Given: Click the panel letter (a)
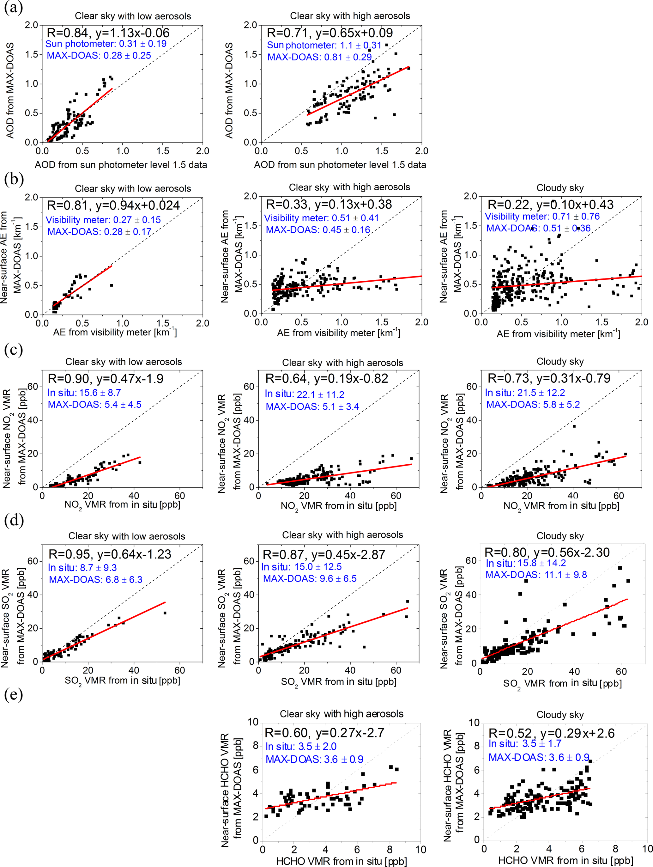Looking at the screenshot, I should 13,8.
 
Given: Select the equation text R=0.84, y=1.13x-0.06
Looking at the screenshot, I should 108,33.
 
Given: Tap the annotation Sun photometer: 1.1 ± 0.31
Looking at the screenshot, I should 324,45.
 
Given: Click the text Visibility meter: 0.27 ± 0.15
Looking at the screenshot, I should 103,220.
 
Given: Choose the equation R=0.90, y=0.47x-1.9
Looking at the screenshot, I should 106,379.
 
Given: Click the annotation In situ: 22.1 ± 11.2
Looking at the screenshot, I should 304,394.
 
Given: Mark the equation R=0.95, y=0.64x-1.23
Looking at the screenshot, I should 110,554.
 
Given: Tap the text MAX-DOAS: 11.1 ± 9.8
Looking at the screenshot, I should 536,575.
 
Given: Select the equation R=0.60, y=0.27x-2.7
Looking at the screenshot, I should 324,733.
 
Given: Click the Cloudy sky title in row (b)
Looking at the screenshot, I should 560,188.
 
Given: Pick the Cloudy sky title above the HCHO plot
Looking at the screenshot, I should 560,715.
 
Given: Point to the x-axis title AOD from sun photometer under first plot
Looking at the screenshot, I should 121,165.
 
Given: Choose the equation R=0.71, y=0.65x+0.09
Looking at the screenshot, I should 330,33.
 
